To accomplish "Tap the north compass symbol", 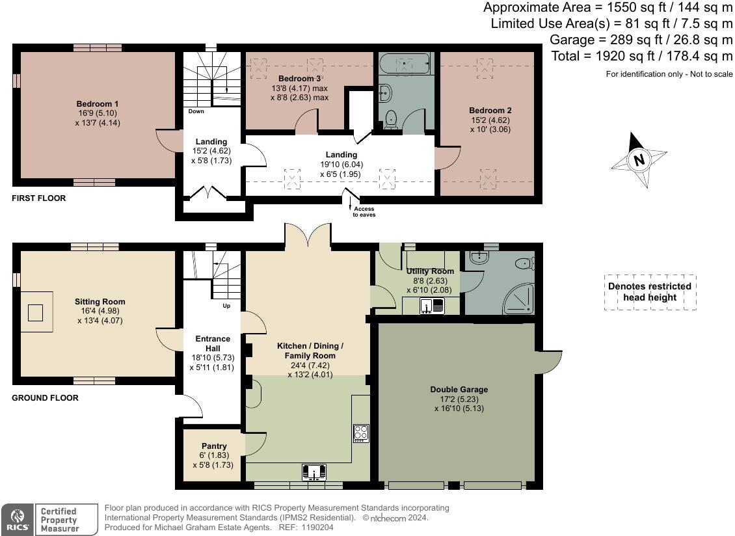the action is point(639,159).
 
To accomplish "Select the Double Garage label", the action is point(459,389).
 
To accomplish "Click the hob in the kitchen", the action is point(361,433).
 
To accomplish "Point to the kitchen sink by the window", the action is point(314,472).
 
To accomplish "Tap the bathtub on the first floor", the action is point(404,64).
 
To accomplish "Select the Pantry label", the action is point(214,446).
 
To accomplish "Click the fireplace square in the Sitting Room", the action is point(35,313).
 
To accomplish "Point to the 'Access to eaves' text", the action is point(364,212).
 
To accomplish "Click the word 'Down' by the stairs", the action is point(196,111).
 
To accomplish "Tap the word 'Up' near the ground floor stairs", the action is point(226,306).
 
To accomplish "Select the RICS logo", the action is point(18,520).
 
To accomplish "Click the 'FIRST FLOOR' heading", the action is point(39,198).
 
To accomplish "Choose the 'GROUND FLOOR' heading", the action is point(45,397).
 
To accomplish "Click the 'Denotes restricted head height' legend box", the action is point(650,292).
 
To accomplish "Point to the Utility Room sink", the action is point(432,306).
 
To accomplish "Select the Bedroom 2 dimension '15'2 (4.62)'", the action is point(490,120).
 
